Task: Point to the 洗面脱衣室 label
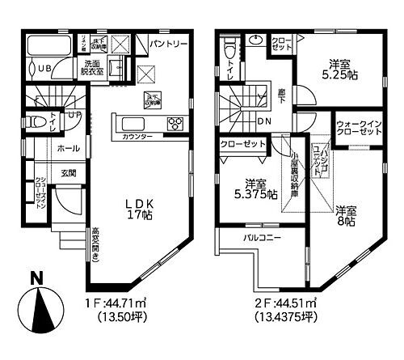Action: [x=87, y=66]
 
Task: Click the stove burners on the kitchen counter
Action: [x=175, y=123]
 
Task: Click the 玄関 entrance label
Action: [x=67, y=172]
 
